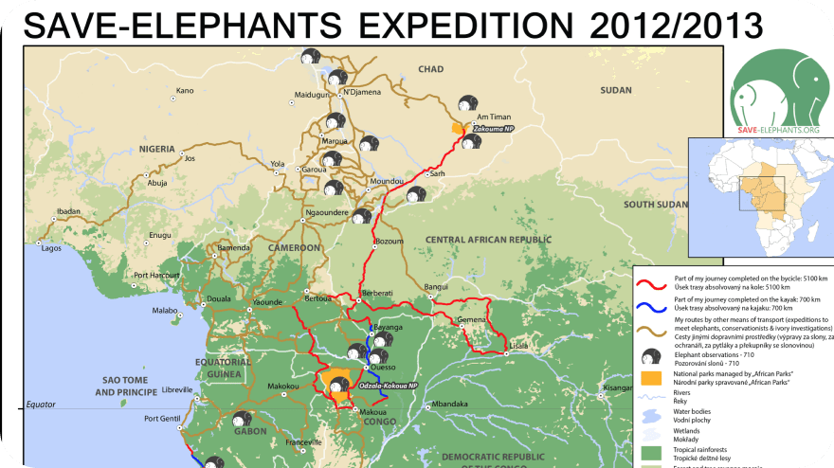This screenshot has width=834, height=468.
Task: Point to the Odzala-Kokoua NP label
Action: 389,387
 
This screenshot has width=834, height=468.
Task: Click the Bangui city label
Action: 436,286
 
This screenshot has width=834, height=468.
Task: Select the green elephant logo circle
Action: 776,85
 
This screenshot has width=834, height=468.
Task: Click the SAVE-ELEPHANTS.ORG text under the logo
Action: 778,130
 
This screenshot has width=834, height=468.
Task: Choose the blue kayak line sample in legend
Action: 652,304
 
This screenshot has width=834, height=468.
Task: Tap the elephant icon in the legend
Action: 652,357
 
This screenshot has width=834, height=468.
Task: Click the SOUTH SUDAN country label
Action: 655,205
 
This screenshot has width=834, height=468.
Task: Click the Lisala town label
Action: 519,346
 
